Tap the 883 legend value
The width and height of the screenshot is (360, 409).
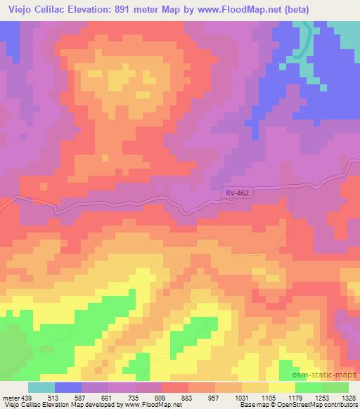point(185,397)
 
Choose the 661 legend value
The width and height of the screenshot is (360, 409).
point(108,397)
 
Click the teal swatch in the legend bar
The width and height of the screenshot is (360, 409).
point(41,387)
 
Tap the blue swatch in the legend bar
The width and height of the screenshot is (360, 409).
point(67,387)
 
